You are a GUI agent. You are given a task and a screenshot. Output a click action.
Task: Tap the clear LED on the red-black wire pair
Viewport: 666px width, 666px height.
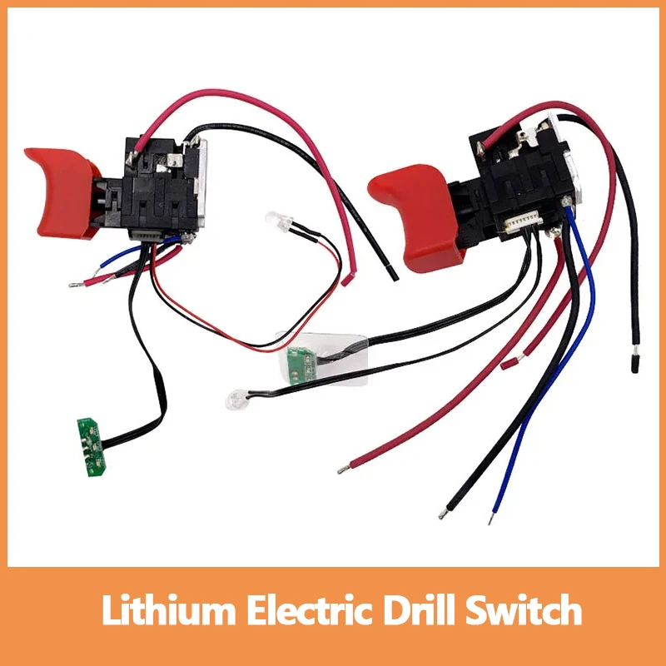coord(272,220)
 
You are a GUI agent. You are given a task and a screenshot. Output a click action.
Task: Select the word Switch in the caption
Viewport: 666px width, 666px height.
coord(524,613)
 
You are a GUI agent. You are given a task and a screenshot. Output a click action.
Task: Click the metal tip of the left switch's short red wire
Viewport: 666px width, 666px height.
coord(72,284)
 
